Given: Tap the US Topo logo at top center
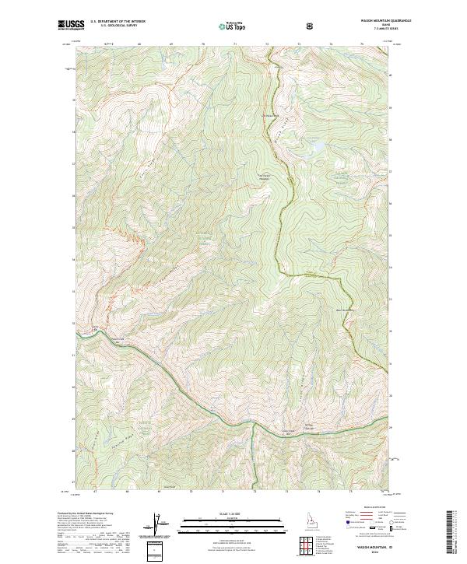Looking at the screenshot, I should (x=233, y=26).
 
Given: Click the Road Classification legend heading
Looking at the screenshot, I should (x=374, y=506).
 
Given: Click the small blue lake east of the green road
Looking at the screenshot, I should (x=317, y=145).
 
